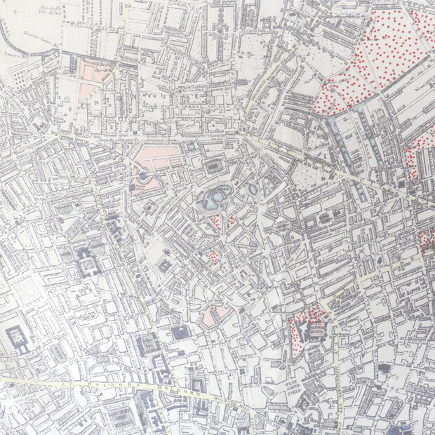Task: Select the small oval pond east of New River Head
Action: tap(252, 189)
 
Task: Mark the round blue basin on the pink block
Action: tap(142, 175)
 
